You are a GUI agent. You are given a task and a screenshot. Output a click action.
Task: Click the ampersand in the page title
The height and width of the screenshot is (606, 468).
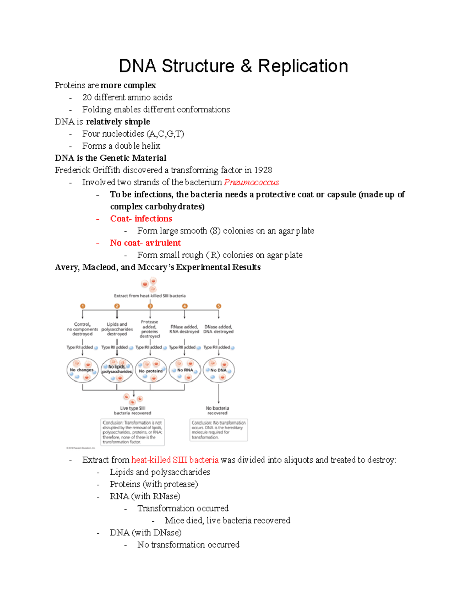246,66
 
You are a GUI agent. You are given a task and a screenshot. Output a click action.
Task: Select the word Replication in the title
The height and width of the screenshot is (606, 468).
303,66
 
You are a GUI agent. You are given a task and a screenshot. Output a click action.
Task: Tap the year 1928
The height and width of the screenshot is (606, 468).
263,170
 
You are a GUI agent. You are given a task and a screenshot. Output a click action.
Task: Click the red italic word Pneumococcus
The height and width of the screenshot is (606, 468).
252,182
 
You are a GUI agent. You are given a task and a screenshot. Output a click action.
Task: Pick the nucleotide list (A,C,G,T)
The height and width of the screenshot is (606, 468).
165,134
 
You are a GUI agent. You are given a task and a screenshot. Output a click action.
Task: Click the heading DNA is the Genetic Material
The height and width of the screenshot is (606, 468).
111,158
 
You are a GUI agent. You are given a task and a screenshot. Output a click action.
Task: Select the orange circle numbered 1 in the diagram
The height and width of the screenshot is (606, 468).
82,306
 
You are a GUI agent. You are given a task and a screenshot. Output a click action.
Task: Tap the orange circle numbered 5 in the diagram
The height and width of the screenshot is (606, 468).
219,306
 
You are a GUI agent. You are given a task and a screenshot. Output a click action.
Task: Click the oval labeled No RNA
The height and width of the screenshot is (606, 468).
185,370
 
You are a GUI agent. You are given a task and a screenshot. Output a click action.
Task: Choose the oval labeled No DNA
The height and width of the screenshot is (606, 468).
219,370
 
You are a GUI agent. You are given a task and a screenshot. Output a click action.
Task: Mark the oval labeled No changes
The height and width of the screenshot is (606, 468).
82,370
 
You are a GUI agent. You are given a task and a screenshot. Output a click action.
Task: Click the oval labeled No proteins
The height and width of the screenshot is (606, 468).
151,370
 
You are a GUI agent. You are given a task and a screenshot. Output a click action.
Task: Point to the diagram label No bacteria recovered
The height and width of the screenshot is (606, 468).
218,411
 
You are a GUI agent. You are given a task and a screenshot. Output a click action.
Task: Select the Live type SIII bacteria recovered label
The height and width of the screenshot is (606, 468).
133,411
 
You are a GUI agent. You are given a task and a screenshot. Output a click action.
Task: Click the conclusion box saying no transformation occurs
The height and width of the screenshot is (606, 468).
218,430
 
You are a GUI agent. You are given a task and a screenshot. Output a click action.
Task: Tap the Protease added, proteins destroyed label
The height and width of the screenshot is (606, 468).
150,329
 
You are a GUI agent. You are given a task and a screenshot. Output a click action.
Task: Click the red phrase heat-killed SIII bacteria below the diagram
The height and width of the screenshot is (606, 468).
175,460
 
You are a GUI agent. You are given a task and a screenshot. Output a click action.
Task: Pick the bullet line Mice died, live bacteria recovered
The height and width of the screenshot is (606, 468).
227,521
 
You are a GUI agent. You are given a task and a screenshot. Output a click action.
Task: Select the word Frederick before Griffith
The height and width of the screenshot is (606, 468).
72,170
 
